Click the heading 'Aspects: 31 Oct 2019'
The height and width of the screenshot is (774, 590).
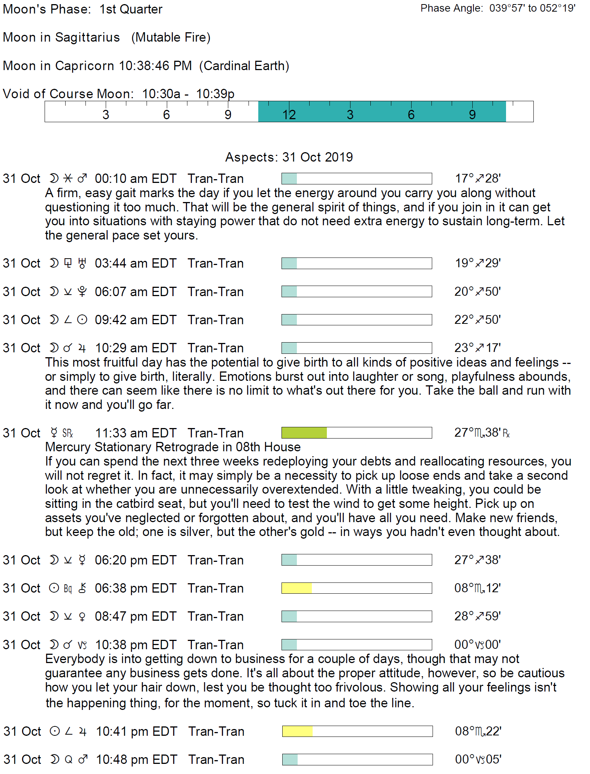tap(289, 157)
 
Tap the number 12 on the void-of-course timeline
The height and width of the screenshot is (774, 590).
tap(289, 115)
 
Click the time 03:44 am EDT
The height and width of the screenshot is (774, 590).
tap(135, 263)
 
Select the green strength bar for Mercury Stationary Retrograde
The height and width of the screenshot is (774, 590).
tap(304, 433)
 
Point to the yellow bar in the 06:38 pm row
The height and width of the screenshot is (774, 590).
tap(296, 588)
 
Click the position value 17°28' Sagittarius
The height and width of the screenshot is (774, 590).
tap(478, 178)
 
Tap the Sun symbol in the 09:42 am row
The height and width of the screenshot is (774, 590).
tap(82, 320)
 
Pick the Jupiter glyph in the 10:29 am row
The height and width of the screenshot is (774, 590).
tap(82, 348)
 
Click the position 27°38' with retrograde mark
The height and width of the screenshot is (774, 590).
tap(482, 433)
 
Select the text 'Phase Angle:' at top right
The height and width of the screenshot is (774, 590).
tap(452, 8)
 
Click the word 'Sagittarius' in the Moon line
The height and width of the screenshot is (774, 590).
tap(87, 37)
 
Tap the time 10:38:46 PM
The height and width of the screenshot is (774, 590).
tap(155, 66)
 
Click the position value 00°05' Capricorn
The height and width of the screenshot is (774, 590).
tap(478, 759)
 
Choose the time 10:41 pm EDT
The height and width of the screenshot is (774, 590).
tap(136, 731)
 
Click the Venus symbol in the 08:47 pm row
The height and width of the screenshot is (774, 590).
tap(82, 617)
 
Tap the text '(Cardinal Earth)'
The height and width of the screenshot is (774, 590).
tap(244, 66)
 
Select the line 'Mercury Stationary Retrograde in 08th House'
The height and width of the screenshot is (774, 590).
tap(173, 447)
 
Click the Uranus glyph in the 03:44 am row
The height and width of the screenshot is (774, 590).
tap(82, 263)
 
